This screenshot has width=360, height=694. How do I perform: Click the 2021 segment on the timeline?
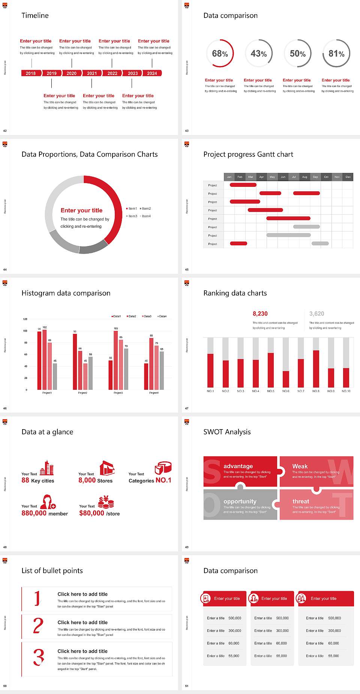click(x=92, y=74)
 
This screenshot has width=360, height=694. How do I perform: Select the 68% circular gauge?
click(x=220, y=54)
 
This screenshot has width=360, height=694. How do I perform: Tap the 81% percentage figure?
click(x=336, y=54)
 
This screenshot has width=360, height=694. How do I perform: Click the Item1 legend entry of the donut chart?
click(x=132, y=209)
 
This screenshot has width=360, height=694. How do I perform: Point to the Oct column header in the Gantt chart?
click(x=326, y=177)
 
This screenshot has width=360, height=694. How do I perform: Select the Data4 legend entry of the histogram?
click(x=162, y=316)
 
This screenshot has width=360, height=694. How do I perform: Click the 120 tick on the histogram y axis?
click(x=25, y=319)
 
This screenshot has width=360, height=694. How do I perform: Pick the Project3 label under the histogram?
click(x=118, y=393)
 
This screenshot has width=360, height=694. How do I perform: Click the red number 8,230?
click(x=260, y=314)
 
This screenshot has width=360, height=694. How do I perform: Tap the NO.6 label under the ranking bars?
click(x=286, y=391)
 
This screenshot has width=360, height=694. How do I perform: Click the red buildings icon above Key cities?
click(x=47, y=468)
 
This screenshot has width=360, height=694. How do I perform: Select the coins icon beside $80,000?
click(x=106, y=502)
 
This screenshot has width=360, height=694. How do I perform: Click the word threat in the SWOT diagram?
click(x=301, y=501)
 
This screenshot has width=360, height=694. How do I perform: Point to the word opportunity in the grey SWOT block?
click(x=240, y=501)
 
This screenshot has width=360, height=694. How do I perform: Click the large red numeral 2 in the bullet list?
click(x=38, y=626)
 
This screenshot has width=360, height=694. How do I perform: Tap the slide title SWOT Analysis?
click(x=227, y=432)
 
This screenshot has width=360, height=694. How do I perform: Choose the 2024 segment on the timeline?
click(x=152, y=74)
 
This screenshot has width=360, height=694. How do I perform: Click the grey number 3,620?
click(x=317, y=314)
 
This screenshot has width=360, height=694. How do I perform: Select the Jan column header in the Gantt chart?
click(x=229, y=177)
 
